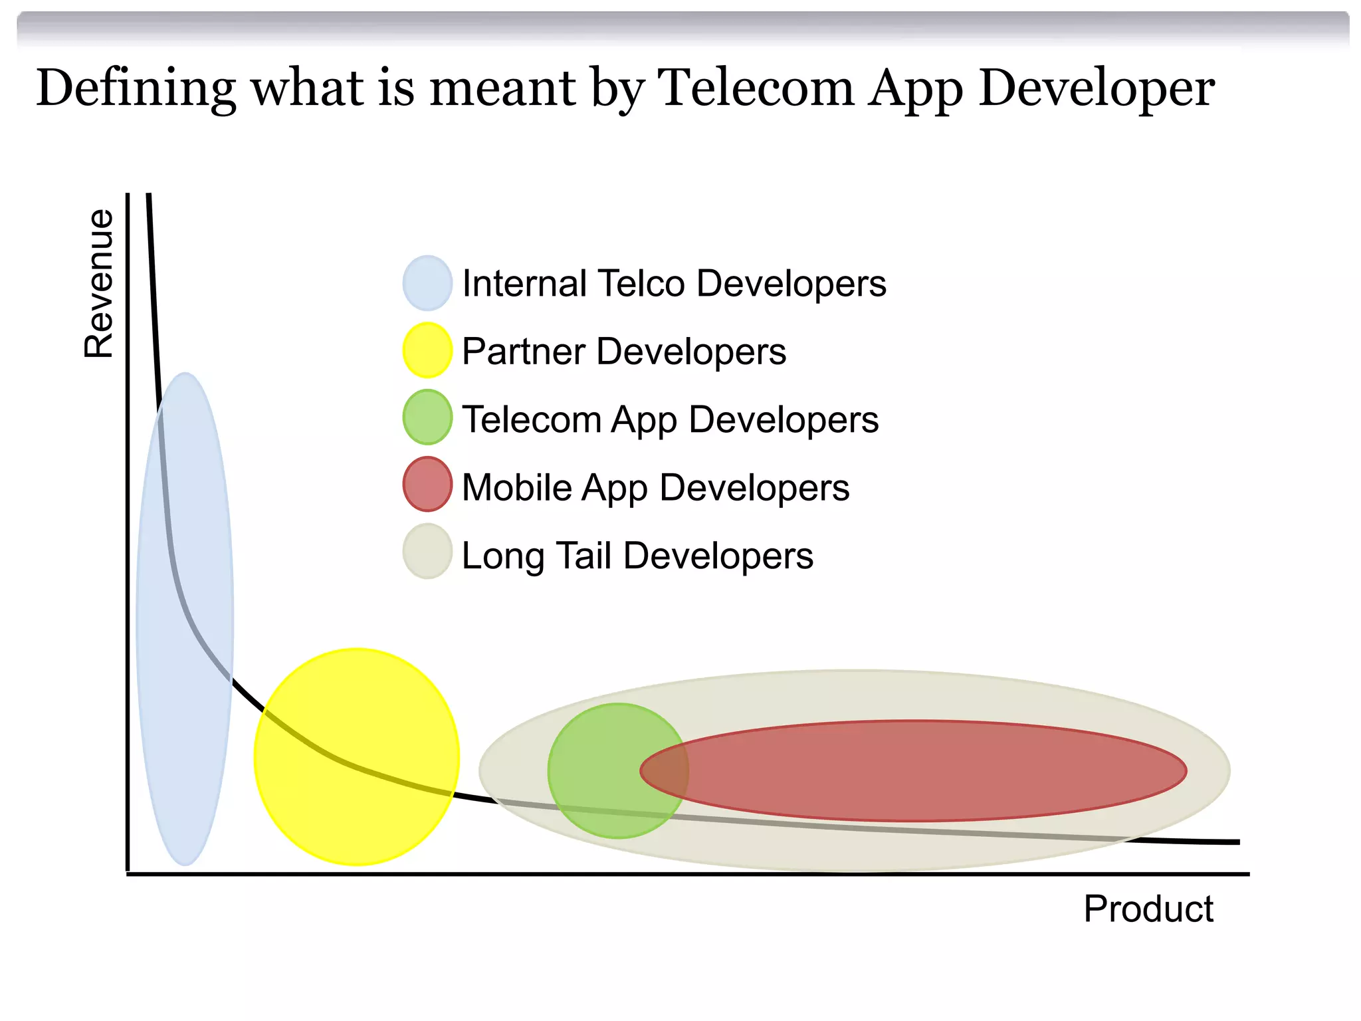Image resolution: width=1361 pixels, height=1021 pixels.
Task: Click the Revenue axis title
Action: (x=99, y=284)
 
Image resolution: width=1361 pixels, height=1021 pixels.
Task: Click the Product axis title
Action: (x=1148, y=909)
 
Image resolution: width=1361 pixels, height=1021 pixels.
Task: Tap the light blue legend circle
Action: (x=427, y=283)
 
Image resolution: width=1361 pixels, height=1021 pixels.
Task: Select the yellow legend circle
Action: (x=427, y=350)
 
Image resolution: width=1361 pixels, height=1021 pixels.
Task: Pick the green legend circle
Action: (x=427, y=417)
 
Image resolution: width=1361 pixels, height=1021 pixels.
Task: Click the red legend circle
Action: (x=427, y=485)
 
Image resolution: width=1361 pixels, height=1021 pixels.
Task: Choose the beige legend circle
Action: (x=427, y=552)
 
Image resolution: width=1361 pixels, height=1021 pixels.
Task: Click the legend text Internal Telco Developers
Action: (x=674, y=284)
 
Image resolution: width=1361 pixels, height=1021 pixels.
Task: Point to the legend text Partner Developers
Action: (x=623, y=352)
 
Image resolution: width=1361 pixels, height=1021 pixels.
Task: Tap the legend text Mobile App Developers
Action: (x=655, y=488)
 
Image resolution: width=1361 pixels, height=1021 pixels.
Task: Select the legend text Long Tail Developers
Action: (x=637, y=556)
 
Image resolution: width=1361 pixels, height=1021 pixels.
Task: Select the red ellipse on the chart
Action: (x=930, y=771)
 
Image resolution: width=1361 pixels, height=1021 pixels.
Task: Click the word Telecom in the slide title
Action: (x=756, y=88)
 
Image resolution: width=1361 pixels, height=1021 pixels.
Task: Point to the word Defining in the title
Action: (x=136, y=88)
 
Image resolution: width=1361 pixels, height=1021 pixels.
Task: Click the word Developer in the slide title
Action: (x=1097, y=88)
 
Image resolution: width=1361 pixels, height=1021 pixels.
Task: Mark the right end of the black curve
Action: (x=1237, y=842)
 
